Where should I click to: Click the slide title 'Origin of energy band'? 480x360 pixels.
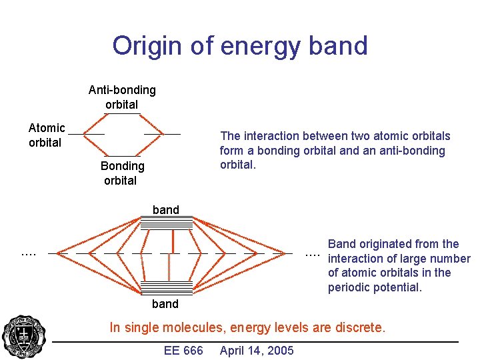240,46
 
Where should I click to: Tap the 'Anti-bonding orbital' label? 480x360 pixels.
122,97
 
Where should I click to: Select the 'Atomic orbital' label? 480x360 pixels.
46,135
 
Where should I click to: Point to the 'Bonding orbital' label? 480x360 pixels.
122,173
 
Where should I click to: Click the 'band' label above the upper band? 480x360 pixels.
166,210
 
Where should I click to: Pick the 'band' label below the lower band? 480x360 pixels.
166,304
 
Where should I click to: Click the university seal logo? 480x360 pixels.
24,337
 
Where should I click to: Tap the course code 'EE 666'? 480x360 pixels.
183,351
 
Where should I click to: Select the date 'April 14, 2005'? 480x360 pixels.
257,351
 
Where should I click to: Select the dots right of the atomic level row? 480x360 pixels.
312,254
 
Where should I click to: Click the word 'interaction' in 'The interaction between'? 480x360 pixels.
272,136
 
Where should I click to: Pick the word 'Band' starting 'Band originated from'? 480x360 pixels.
342,244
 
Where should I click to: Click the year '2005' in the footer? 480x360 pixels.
280,351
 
